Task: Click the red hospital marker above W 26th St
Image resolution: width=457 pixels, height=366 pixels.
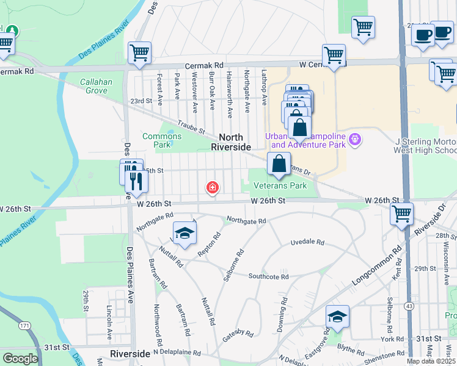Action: (x=213, y=187)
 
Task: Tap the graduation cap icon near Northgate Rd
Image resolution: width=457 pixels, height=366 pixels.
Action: (x=185, y=233)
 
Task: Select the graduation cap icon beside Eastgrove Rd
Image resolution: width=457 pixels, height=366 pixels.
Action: (x=337, y=316)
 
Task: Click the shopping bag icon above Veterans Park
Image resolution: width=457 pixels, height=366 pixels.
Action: (x=279, y=163)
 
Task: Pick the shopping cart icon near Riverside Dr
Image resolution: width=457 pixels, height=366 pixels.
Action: (x=402, y=213)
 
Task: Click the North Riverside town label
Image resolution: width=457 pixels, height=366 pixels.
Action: (x=231, y=142)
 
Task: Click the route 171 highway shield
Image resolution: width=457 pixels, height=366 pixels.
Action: (x=24, y=326)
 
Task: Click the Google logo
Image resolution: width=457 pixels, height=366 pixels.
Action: (x=20, y=358)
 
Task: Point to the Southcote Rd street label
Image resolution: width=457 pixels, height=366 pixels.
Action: (x=268, y=276)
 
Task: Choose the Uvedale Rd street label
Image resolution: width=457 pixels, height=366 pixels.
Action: (x=307, y=242)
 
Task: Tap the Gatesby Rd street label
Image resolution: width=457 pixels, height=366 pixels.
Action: (x=238, y=333)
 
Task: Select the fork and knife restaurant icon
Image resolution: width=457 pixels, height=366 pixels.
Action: (x=136, y=180)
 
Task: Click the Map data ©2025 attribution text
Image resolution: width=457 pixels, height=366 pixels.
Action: (x=431, y=361)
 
